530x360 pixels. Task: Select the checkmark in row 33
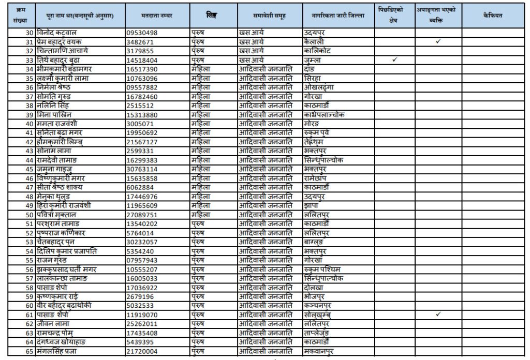(394, 60)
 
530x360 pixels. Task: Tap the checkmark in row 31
(438, 41)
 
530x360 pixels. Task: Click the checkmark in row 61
(438, 314)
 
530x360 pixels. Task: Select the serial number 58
(29, 287)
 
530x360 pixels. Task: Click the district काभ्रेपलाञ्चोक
(325, 114)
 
